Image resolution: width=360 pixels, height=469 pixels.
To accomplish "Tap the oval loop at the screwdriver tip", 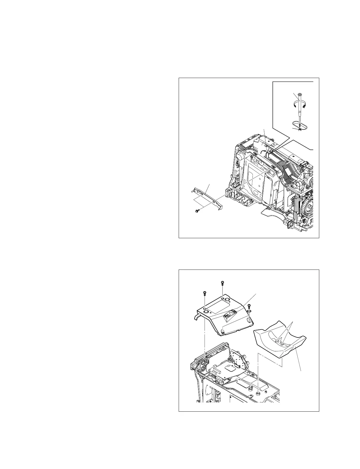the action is tap(300, 125).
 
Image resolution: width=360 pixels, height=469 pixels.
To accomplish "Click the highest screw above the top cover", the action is tap(222, 283).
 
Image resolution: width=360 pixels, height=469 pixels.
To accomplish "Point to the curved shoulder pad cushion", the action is tap(281, 343).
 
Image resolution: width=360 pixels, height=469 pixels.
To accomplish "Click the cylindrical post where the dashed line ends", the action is tap(258, 393).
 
